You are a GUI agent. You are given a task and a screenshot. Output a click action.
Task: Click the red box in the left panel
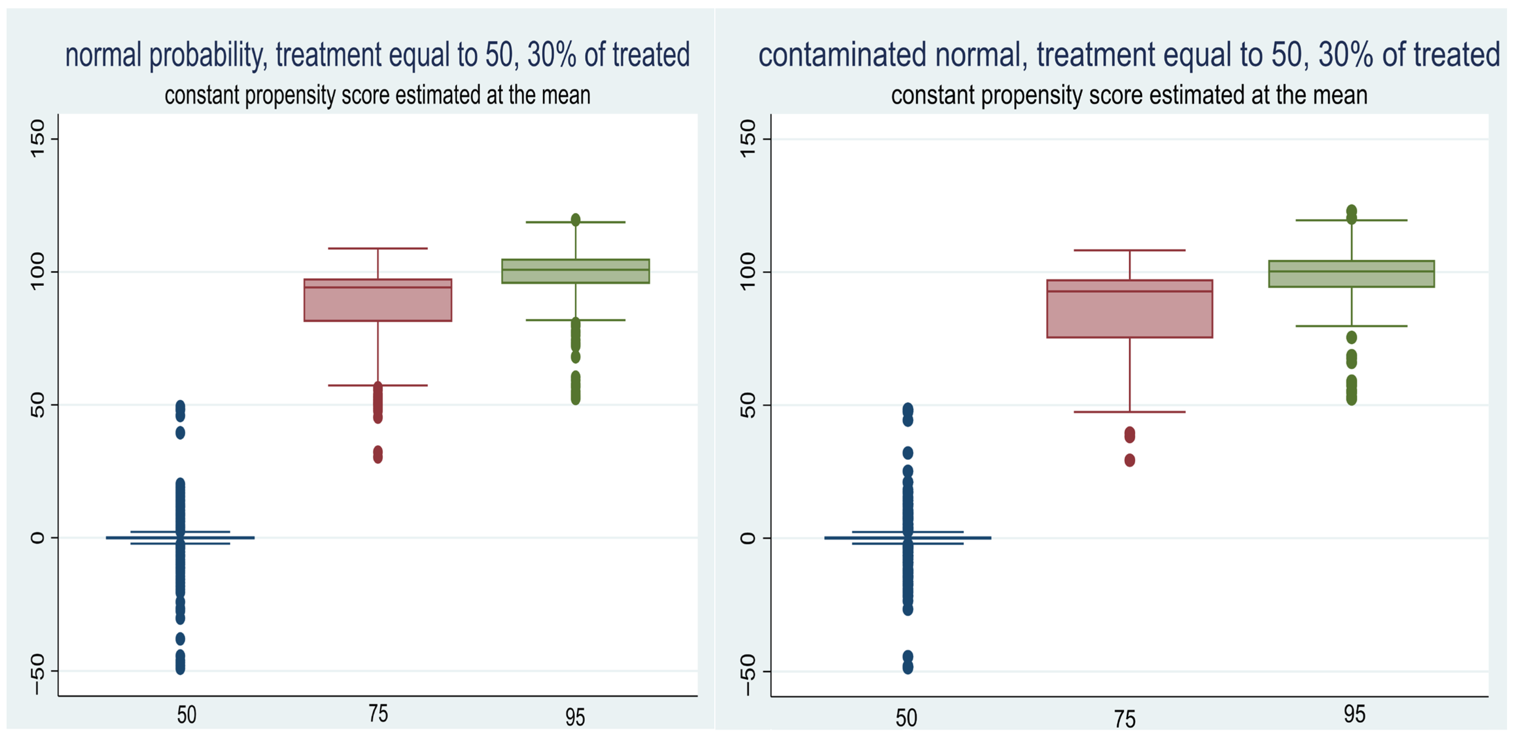click(x=378, y=300)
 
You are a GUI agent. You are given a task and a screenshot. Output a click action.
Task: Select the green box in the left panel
click(x=576, y=272)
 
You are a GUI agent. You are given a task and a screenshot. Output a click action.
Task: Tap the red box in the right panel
click(x=1130, y=309)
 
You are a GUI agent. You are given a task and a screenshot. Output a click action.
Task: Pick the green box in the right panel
click(x=1351, y=274)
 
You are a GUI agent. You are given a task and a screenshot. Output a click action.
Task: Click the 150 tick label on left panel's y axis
click(x=37, y=139)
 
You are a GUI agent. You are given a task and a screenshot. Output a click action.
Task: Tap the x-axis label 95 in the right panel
click(x=1354, y=714)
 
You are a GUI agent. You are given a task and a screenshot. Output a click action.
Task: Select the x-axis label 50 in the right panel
click(x=906, y=718)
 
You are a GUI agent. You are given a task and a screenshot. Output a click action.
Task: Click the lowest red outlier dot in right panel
click(x=1130, y=460)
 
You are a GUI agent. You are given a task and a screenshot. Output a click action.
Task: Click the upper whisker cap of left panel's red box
click(x=378, y=249)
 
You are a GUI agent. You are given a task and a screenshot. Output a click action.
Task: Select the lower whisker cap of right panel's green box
click(x=1351, y=326)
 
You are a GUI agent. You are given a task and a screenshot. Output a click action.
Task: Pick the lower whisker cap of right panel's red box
click(x=1130, y=412)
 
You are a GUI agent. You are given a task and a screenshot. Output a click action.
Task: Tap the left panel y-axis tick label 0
click(x=37, y=538)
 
